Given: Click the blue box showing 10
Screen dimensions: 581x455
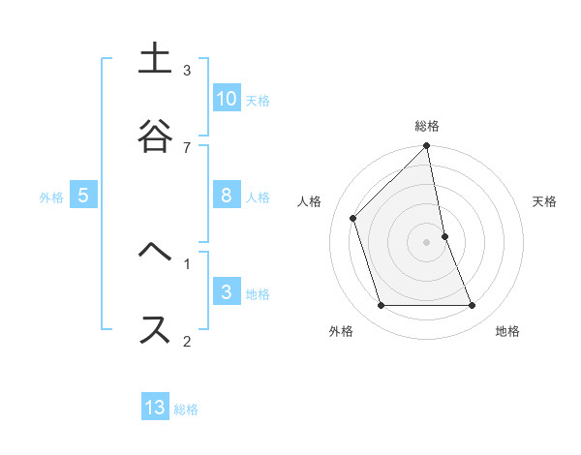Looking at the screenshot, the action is (227, 99).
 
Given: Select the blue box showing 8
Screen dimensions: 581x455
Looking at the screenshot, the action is (227, 196).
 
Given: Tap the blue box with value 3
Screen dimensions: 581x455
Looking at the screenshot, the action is (227, 292).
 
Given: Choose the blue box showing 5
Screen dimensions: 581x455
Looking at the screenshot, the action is (83, 196).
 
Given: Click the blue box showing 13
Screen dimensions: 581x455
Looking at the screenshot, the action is (155, 408).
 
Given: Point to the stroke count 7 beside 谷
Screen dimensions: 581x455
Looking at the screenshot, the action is (187, 147).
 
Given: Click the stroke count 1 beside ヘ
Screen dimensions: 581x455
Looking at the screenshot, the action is (187, 262).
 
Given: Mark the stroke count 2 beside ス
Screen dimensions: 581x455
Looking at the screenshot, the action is (187, 340).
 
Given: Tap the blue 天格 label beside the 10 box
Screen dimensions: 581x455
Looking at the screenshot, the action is (257, 100).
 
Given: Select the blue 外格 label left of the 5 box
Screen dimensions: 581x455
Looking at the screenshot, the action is (51, 197).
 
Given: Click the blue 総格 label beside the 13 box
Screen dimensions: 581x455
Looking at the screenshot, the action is (186, 409).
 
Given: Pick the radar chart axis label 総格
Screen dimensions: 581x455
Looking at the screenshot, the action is (427, 126).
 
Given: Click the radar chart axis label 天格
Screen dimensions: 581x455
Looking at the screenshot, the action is (545, 201).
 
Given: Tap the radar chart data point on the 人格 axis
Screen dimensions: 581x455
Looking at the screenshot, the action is (353, 218).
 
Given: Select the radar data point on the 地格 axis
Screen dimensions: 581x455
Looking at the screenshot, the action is (473, 306).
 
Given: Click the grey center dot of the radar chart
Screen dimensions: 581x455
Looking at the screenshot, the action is (427, 242).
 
